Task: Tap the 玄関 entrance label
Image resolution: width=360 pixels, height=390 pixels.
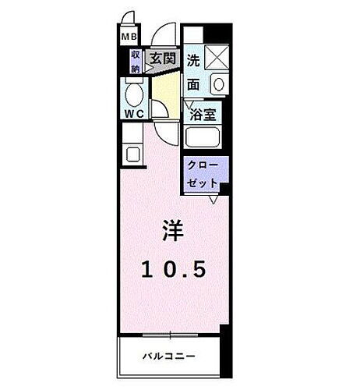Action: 162,58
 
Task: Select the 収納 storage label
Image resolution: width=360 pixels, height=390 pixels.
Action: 135,61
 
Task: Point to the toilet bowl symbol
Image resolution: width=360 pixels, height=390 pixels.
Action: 133,97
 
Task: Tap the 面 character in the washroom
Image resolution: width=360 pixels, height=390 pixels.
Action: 193,84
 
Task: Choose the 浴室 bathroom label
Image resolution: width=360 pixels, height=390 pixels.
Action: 204,115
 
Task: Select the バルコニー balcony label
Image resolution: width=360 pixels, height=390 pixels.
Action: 168,356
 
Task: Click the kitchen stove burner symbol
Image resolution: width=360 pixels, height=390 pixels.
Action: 131,154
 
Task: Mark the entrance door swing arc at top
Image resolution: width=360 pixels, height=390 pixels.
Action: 164,36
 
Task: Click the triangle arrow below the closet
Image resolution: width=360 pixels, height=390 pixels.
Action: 213,200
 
